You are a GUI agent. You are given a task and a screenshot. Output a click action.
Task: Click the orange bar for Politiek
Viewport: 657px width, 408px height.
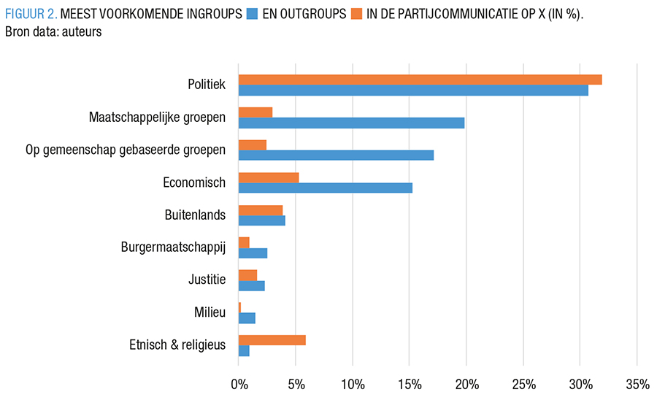pyautogui.click(x=420, y=80)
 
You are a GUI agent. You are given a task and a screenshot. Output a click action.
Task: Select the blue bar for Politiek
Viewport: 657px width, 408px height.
pyautogui.click(x=413, y=91)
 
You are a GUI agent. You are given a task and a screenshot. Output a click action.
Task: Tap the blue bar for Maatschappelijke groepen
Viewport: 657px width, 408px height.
pyautogui.click(x=351, y=123)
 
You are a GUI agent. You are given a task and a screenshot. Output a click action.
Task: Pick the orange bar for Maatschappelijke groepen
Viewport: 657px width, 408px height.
pyautogui.click(x=255, y=112)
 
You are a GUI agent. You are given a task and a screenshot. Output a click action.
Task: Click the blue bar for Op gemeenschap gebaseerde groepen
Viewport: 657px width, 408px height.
pyautogui.click(x=336, y=155)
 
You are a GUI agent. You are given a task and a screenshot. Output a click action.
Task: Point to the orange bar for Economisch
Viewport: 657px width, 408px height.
pyautogui.click(x=269, y=177)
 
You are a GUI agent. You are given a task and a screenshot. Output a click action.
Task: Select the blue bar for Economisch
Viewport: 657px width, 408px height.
pyautogui.click(x=325, y=188)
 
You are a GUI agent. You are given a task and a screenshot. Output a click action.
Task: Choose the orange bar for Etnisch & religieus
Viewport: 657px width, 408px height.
pyautogui.click(x=272, y=340)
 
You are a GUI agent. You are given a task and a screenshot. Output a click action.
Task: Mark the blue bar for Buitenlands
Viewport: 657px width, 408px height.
pyautogui.click(x=261, y=220)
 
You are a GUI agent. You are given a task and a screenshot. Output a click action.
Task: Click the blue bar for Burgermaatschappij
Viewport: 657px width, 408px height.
pyautogui.click(x=253, y=253)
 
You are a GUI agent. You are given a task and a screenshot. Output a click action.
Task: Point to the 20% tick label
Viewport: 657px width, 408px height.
pyautogui.click(x=466, y=385)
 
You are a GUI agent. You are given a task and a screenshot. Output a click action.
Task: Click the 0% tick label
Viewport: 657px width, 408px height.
pyautogui.click(x=239, y=385)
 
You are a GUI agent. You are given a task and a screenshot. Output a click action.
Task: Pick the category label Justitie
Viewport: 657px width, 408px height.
pyautogui.click(x=207, y=280)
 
